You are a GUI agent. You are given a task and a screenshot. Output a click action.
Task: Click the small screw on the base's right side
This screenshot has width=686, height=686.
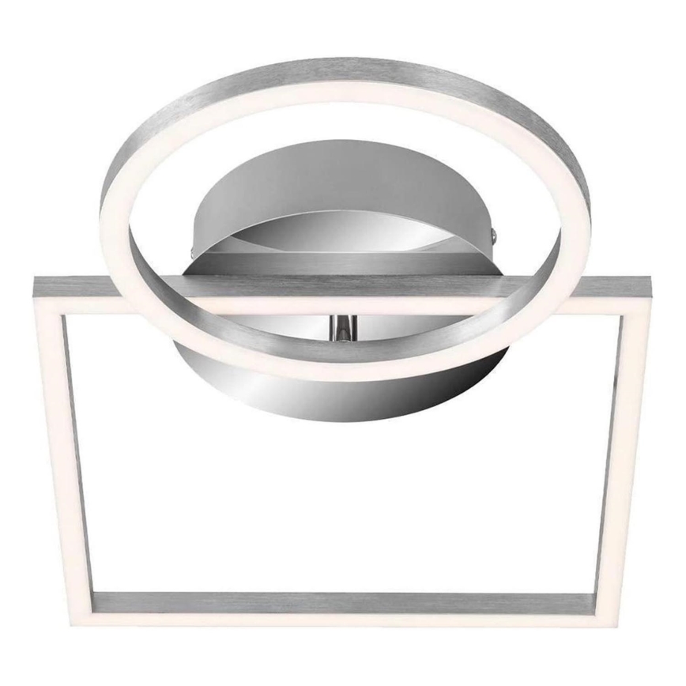click(x=495, y=233)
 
